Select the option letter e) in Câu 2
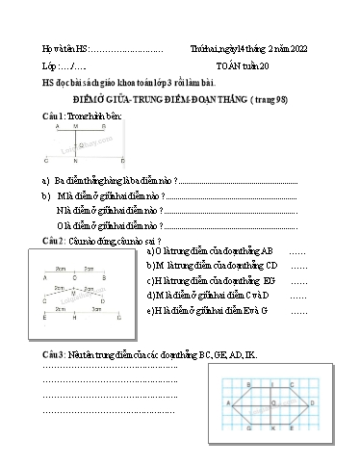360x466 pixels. pyautogui.click(x=151, y=311)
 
